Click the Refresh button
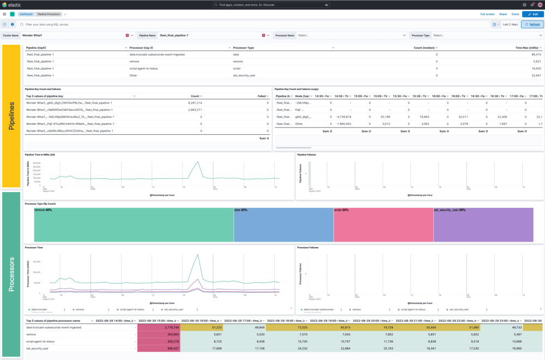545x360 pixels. (x=532, y=25)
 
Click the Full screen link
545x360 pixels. (x=487, y=14)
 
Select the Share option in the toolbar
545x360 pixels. (x=502, y=14)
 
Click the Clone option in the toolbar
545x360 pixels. (x=514, y=14)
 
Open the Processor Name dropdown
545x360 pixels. (x=352, y=35)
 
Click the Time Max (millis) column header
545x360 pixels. (x=528, y=48)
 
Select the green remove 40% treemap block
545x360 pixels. (x=134, y=225)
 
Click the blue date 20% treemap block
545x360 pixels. (x=283, y=225)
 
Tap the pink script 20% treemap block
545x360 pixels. (x=383, y=225)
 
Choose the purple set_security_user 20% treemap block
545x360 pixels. (x=483, y=225)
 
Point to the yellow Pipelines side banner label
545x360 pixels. (x=11, y=116)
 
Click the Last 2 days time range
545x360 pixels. (x=510, y=25)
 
